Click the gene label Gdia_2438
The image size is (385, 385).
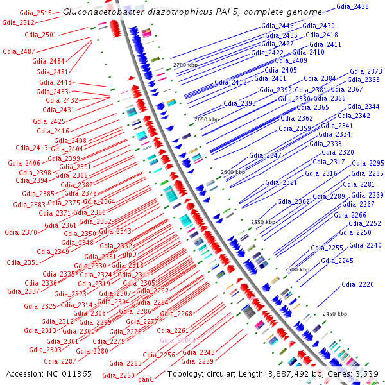tap(352, 6)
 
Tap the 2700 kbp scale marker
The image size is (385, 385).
tap(187, 65)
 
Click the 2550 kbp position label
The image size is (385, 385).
tap(263, 222)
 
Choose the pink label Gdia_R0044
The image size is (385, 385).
tap(178, 340)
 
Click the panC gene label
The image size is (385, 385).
tap(146, 379)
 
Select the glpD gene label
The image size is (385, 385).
tap(130, 253)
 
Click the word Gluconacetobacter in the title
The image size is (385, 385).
tap(97, 12)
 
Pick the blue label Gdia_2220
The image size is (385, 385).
tap(357, 284)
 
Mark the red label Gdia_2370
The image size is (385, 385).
tap(21, 232)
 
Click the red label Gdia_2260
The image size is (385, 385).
tap(118, 375)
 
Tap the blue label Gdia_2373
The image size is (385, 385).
tap(366, 71)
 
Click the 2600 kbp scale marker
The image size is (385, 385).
tap(232, 173)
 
